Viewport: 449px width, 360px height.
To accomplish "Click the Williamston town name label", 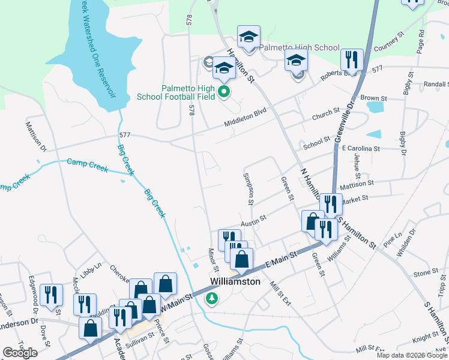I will pos(235,281).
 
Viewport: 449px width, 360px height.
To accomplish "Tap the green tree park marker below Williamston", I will pos(211,298).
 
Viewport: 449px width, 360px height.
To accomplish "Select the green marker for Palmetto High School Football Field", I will pos(223,92).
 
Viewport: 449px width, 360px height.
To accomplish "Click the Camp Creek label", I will pos(87,165).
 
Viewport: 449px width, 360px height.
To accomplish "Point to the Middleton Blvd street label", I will pos(245,119).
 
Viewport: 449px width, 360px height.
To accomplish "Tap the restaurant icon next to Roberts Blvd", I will pos(351,60).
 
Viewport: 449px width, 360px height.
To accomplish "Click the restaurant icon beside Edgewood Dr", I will pos(51,295).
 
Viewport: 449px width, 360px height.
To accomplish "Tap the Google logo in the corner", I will pos(20,352).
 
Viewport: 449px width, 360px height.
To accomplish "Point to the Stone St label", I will pos(426,272).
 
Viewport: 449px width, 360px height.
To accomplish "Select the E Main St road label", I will pos(281,260).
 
